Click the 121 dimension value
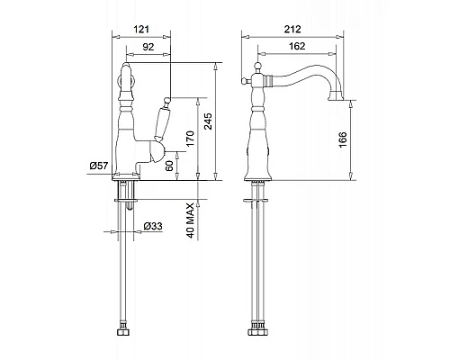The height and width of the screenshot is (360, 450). (x=141, y=30)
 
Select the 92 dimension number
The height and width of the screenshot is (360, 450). (x=148, y=47)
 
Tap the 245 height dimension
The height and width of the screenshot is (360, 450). (x=208, y=121)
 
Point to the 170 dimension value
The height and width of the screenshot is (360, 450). (x=190, y=139)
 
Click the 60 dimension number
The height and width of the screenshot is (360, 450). (x=170, y=166)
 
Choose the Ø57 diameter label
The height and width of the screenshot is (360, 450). (x=99, y=166)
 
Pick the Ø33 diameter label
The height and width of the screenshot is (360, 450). (x=153, y=226)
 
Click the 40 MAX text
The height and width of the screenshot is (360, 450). (x=191, y=220)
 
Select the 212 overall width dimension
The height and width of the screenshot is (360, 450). (x=292, y=29)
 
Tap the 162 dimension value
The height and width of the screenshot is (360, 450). (x=297, y=46)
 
